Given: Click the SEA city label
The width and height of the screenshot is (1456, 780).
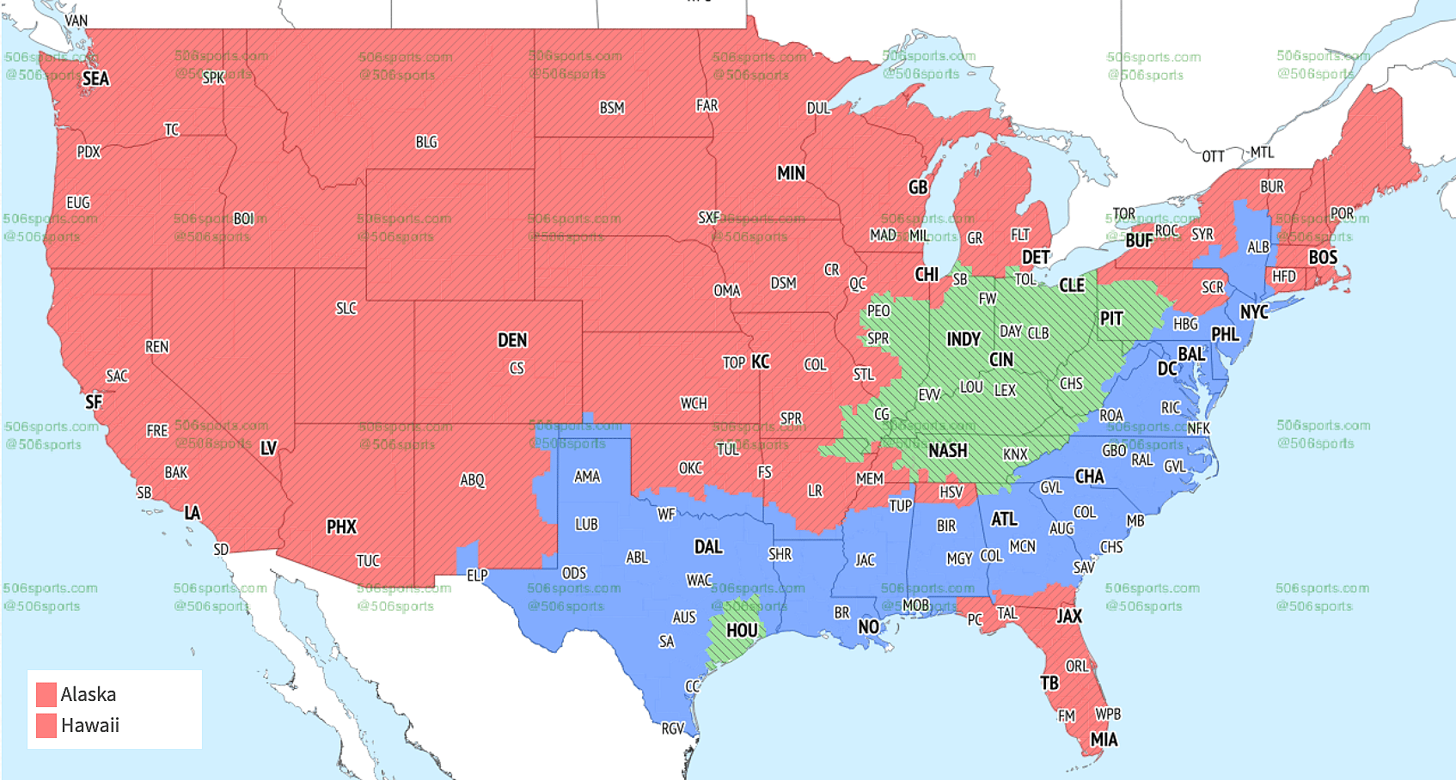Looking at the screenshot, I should tap(95, 79).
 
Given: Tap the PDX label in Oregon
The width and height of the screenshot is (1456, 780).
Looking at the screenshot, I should tap(89, 152).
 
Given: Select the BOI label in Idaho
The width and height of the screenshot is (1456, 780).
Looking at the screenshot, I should tap(244, 219).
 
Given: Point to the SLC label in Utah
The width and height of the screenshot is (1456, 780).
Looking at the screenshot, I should tap(346, 308).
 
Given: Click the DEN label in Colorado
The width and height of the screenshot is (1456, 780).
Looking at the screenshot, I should tap(512, 340).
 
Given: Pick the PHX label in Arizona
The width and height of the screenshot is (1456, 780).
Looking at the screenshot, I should tap(341, 527).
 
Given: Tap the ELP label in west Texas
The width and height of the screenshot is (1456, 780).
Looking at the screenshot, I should tap(477, 576).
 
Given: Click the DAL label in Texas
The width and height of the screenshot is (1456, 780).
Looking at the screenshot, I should tap(708, 547).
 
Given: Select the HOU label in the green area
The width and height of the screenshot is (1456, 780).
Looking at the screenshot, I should tap(742, 631).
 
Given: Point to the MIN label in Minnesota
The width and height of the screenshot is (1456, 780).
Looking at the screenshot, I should tap(791, 174).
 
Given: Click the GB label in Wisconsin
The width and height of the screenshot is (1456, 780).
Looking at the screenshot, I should tap(918, 187).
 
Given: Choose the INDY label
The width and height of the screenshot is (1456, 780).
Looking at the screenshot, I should tap(964, 339).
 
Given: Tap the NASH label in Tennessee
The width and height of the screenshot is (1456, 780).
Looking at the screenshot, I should tap(948, 451).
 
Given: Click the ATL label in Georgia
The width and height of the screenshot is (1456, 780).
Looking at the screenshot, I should tap(1004, 519).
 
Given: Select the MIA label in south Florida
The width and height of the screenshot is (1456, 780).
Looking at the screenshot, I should tap(1104, 740).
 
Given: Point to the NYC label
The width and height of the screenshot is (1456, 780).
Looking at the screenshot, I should tap(1254, 312).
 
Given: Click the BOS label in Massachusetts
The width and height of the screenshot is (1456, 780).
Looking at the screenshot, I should tap(1323, 258).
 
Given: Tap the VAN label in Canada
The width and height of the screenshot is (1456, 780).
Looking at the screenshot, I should tap(76, 21).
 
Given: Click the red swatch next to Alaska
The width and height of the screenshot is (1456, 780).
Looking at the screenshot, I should tap(46, 694).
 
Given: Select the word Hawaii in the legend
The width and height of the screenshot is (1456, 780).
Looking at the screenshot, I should tap(90, 726).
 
